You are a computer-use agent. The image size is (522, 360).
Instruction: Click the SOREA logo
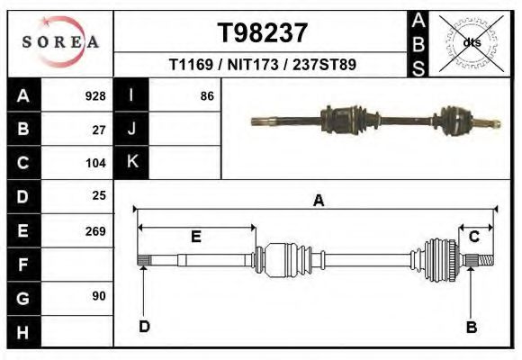click(x=59, y=42)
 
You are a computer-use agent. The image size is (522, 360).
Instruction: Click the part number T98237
click(x=263, y=32)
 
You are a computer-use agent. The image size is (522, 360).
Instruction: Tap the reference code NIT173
click(x=251, y=66)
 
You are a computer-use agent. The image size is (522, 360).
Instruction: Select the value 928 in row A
click(x=95, y=96)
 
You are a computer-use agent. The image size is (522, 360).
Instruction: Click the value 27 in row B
click(x=99, y=130)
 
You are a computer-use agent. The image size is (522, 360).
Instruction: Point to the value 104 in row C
click(x=95, y=163)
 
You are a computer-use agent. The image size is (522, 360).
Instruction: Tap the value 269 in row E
click(x=95, y=230)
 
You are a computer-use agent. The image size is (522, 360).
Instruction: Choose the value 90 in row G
click(x=99, y=296)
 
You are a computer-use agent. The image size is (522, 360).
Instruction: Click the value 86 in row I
click(x=207, y=96)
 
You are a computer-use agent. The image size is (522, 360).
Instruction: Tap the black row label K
click(x=131, y=163)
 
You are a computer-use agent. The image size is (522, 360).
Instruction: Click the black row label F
click(x=23, y=265)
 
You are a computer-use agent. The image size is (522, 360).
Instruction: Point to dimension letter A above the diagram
click(x=318, y=202)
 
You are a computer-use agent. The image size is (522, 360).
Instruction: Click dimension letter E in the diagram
click(x=195, y=237)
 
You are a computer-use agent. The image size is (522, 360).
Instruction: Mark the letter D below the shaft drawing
click(x=144, y=327)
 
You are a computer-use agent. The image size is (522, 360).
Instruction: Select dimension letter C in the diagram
click(x=473, y=236)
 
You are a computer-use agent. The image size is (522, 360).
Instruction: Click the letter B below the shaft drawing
click(x=471, y=327)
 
